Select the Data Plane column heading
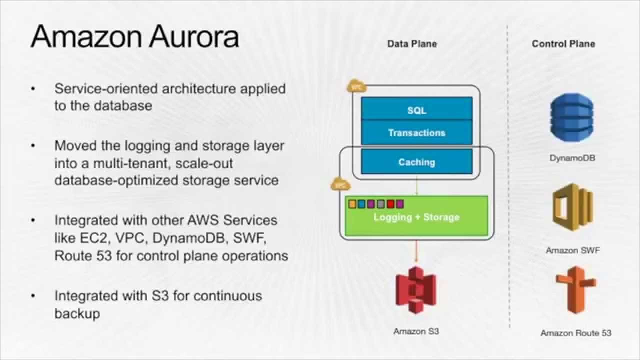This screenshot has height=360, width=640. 412,44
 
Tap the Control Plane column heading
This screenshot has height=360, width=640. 563,44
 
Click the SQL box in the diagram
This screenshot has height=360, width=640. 416,110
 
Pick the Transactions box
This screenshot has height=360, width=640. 416,133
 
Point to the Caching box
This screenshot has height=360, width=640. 416,162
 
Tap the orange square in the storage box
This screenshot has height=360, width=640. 352,204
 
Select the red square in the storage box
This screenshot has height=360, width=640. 390,204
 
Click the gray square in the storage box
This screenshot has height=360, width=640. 381,204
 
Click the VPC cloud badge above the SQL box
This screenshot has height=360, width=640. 356,86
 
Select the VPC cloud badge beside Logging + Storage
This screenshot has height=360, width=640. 340,184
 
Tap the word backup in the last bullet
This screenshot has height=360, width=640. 77,313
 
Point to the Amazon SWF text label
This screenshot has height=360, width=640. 572,250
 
